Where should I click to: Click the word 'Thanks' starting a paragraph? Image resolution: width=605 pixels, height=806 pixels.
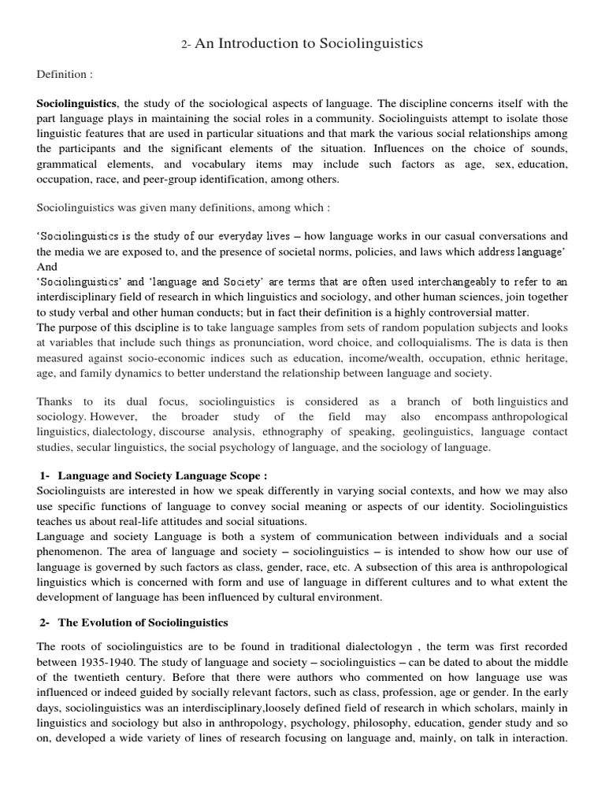point(55,402)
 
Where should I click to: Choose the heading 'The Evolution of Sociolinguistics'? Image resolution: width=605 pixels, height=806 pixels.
point(143,623)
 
